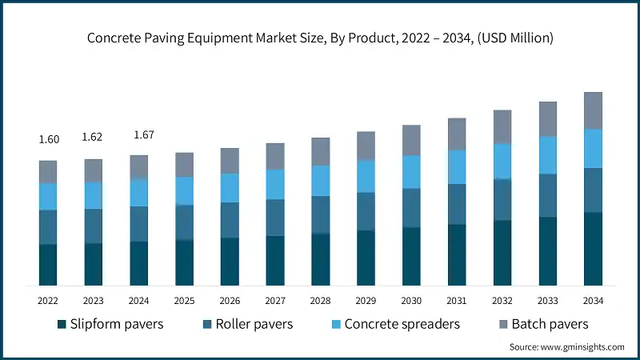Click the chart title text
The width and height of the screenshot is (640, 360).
(x=320, y=38)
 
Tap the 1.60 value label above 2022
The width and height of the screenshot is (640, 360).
(x=49, y=139)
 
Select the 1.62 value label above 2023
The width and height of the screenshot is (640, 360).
(x=94, y=137)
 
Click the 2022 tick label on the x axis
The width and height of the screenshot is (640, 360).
(x=48, y=301)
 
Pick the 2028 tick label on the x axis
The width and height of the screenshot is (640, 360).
(x=321, y=301)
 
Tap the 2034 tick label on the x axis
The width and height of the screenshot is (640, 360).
(x=593, y=301)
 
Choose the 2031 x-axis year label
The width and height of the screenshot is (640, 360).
(x=457, y=301)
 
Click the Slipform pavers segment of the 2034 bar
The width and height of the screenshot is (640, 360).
(x=593, y=249)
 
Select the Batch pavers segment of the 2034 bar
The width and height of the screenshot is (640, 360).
(x=593, y=110)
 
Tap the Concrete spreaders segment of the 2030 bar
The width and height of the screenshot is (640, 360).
(x=411, y=171)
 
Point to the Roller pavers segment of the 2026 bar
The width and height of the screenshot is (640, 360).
(x=230, y=220)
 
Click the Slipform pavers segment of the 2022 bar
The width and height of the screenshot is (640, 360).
(x=48, y=265)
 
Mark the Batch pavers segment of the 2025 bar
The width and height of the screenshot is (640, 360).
(x=184, y=165)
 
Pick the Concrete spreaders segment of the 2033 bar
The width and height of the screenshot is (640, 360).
(x=547, y=154)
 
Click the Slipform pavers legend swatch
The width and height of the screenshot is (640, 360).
(x=61, y=324)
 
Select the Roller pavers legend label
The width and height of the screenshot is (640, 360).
(x=254, y=324)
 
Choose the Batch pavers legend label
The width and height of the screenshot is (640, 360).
(x=550, y=324)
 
